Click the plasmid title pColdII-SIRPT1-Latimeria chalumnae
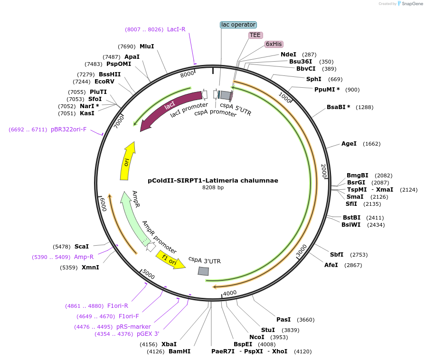coord(213,180)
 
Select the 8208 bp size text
coord(213,188)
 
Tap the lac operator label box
coord(238,24)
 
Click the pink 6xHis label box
coord(274,44)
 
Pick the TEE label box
coord(255,35)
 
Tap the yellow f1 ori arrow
coord(170,260)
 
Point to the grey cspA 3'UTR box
coord(203,271)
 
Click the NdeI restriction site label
coord(288,55)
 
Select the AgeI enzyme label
coord(349,144)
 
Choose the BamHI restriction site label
coord(179,351)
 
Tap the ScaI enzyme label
coord(82,247)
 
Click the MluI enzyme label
coord(147,46)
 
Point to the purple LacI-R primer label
coord(176,29)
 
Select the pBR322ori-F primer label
coord(69,129)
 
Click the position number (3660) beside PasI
coord(305,320)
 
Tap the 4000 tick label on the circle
coord(230,293)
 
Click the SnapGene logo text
coord(412,3)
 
